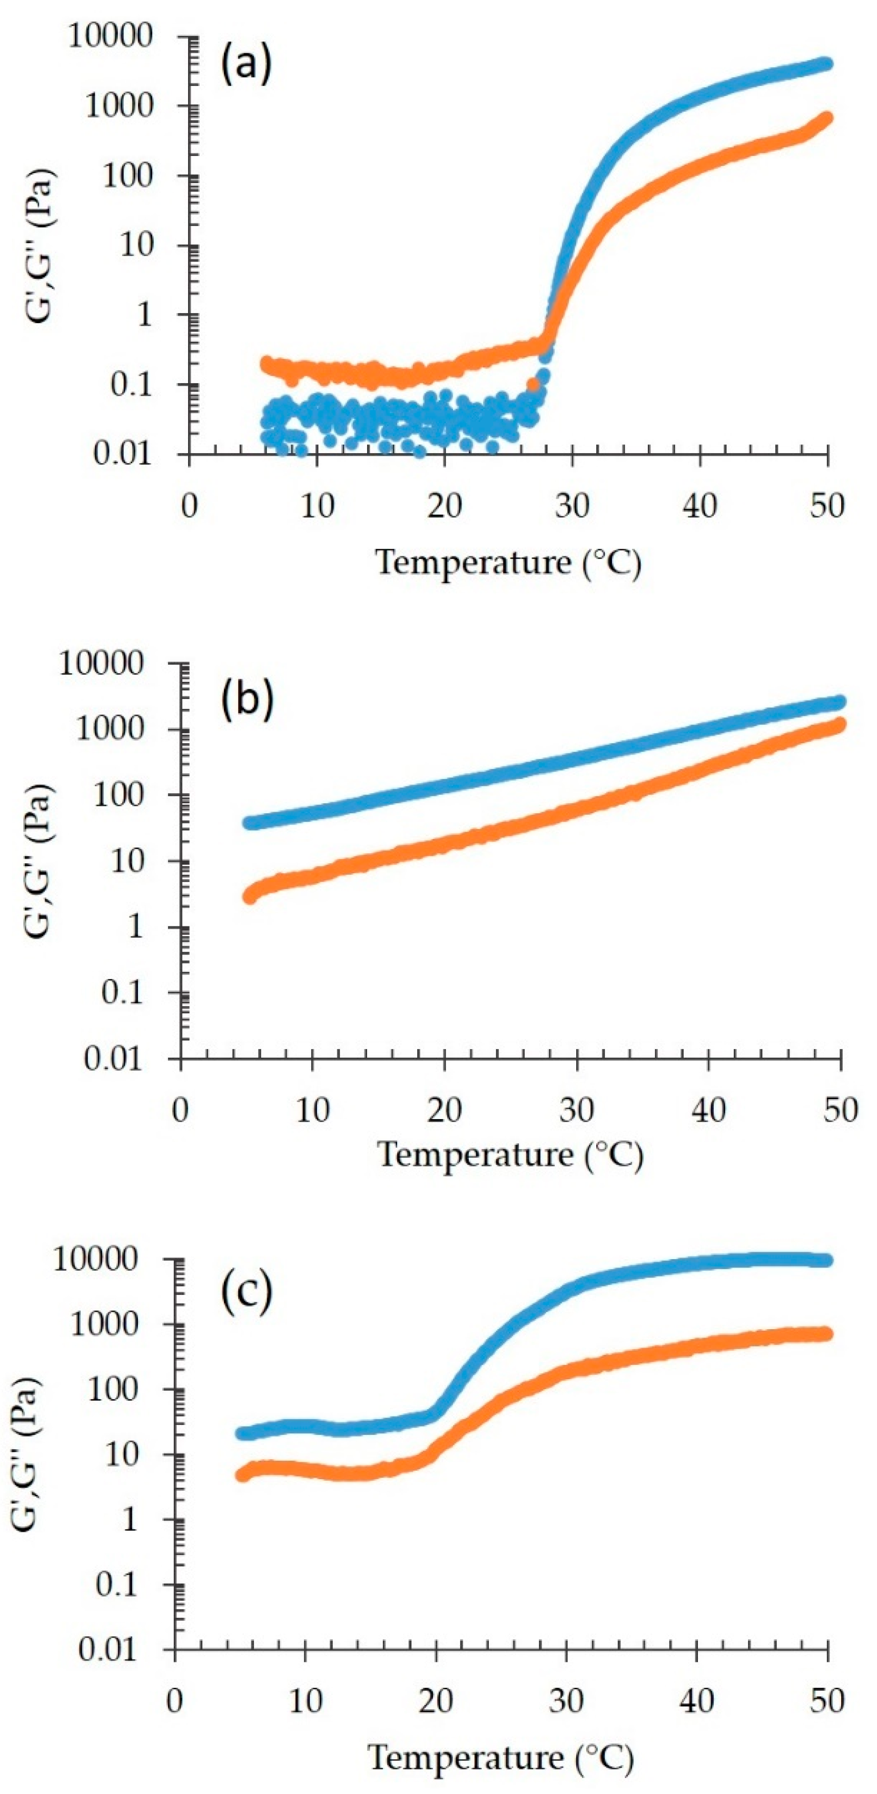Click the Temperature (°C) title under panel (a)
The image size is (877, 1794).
click(x=508, y=563)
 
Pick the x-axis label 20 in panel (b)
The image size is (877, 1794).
click(x=445, y=1110)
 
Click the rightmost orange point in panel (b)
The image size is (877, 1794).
click(x=840, y=724)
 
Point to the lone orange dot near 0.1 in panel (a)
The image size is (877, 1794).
click(x=533, y=384)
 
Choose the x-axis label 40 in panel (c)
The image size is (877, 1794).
click(x=696, y=1701)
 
